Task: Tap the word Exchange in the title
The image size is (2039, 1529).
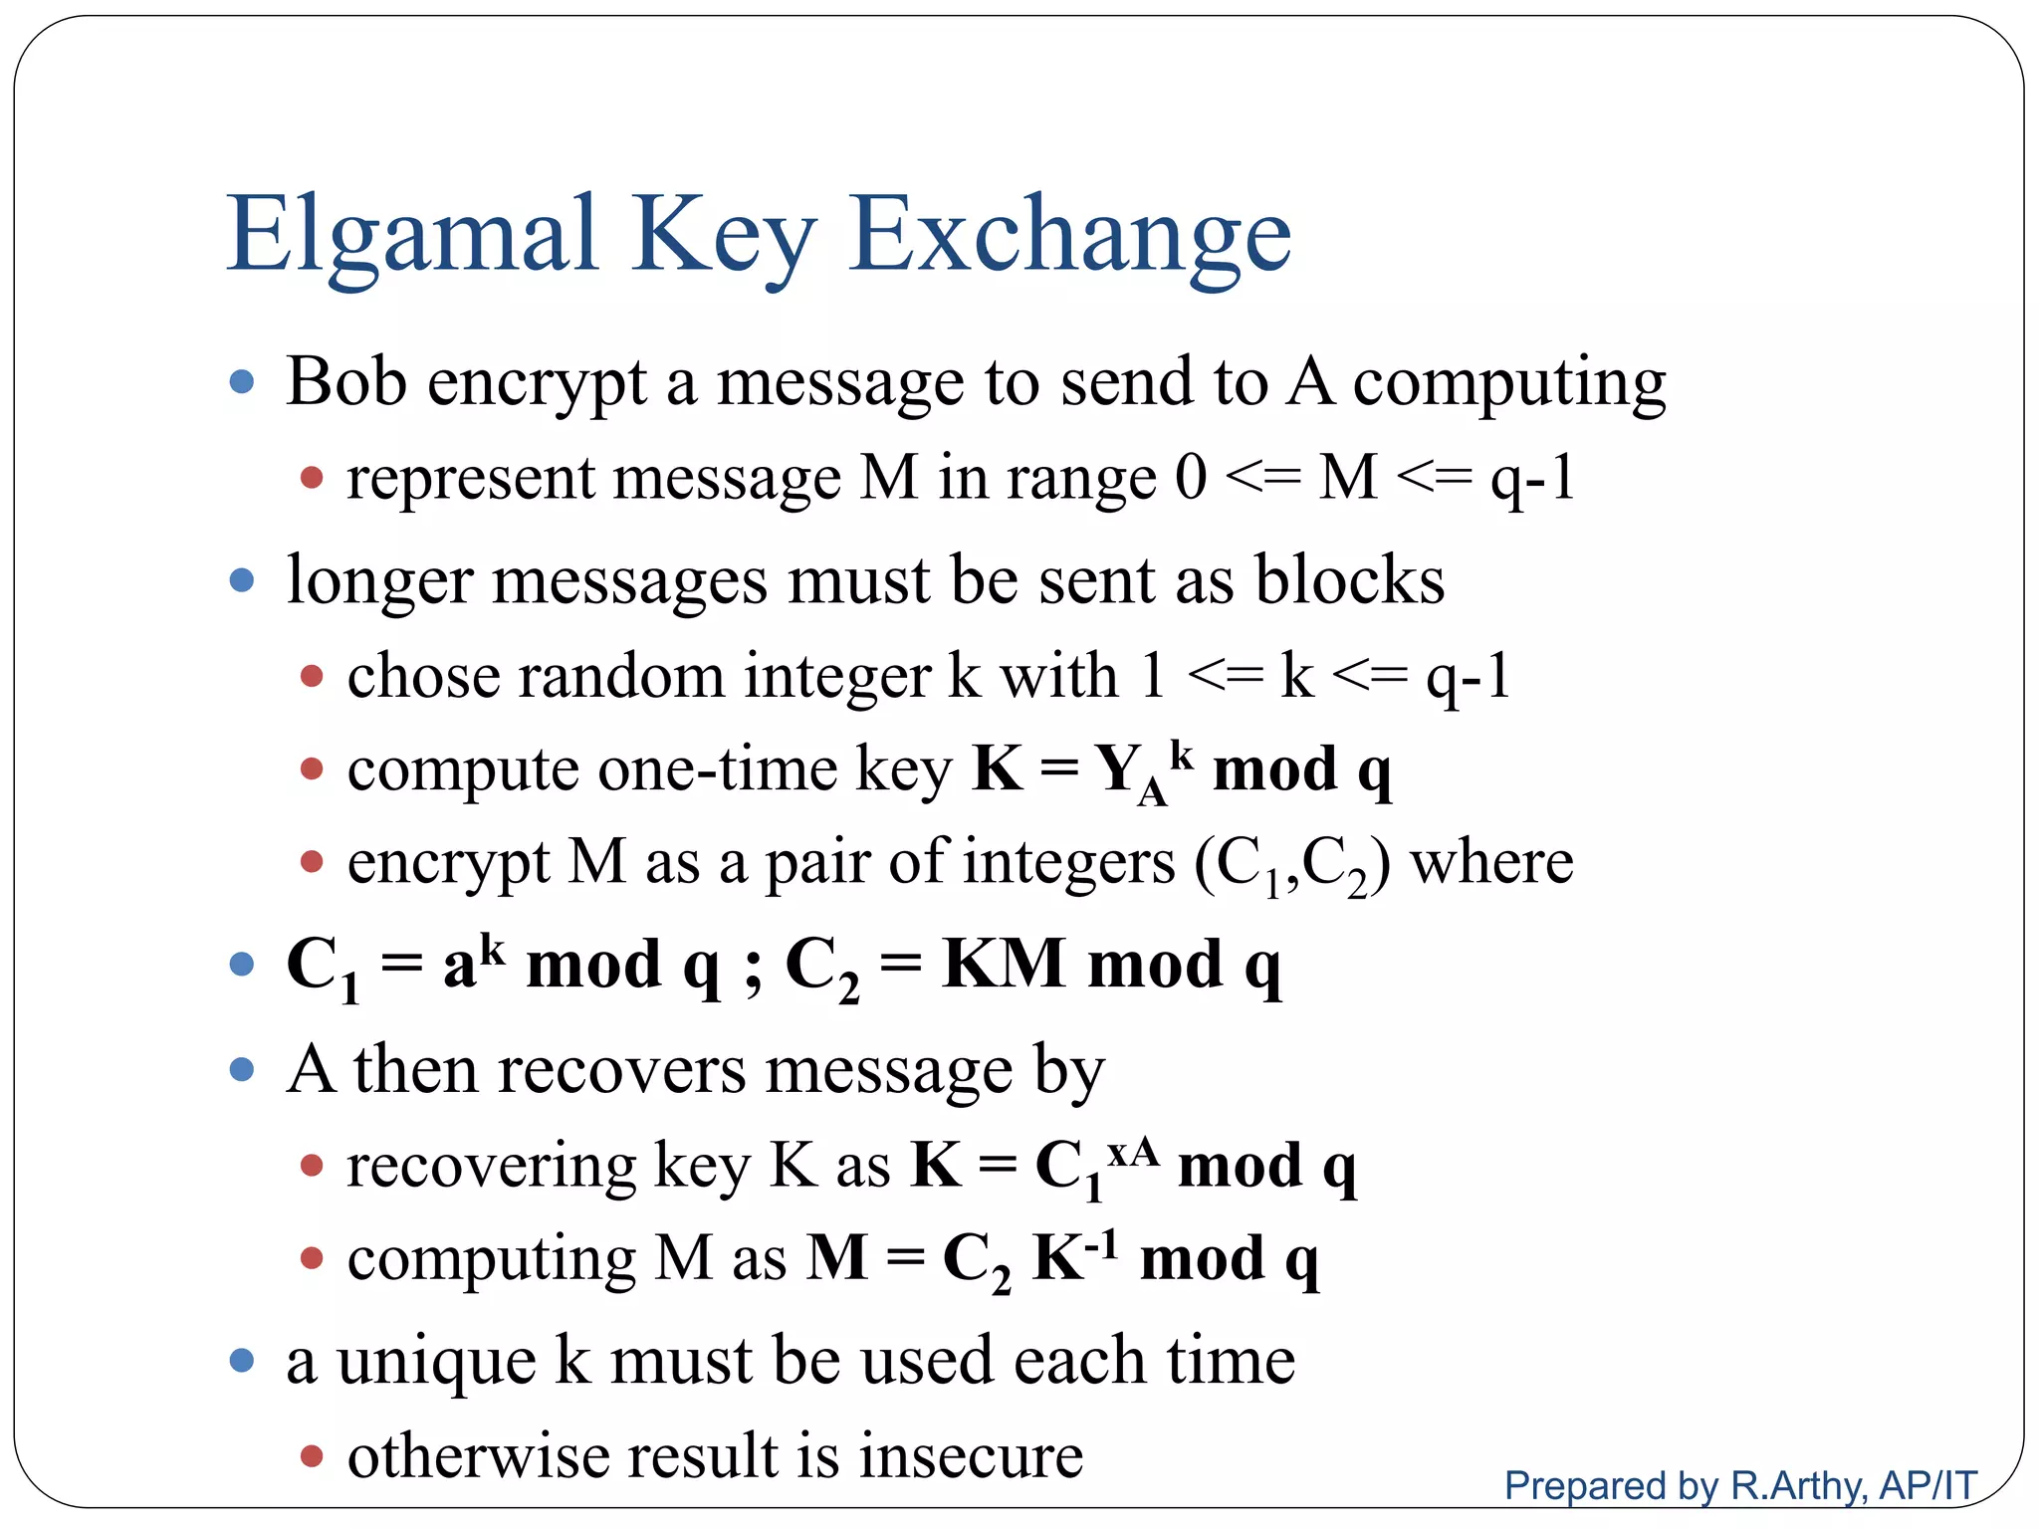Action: coord(1070,235)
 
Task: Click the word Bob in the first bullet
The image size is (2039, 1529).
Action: coord(346,382)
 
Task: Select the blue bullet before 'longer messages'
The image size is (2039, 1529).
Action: coord(242,579)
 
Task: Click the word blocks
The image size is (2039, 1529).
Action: coord(1349,580)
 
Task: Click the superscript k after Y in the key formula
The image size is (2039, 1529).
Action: coord(1181,754)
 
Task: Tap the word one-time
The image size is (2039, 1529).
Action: coord(718,770)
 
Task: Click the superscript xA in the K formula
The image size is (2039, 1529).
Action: coord(1133,1153)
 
